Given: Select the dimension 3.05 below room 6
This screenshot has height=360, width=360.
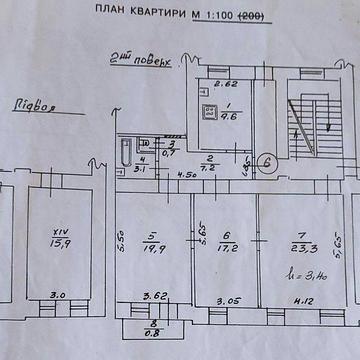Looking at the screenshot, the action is click(x=227, y=298).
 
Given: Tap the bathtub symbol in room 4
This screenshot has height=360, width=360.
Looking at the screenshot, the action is click(x=123, y=154).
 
